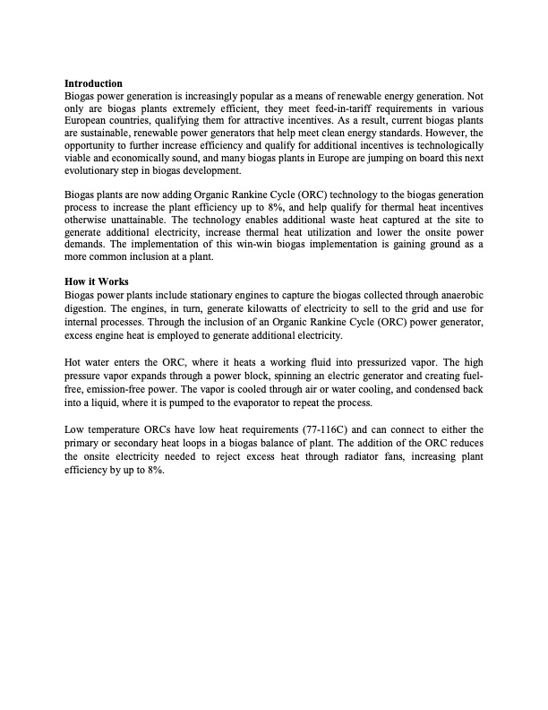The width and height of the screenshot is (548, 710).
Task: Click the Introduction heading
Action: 94,83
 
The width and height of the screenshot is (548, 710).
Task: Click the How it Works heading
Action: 97,281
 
